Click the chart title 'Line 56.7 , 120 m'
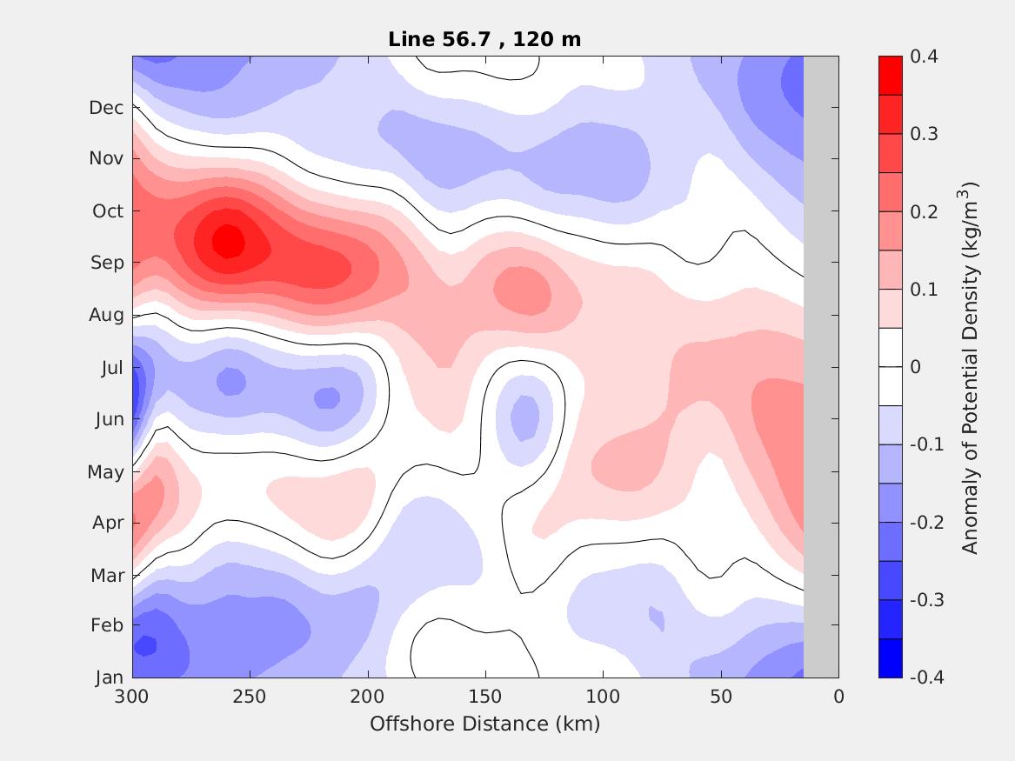click(x=484, y=39)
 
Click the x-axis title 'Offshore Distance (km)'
click(x=484, y=724)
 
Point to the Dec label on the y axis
click(x=106, y=108)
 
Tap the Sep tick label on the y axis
click(x=107, y=263)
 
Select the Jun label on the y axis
click(x=109, y=419)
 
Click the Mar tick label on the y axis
click(x=107, y=576)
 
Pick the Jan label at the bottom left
click(x=109, y=678)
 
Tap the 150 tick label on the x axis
click(x=485, y=697)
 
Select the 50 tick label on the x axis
click(x=720, y=697)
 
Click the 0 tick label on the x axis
click(x=838, y=697)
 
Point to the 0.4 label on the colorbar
click(x=924, y=57)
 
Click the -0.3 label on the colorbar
click(x=926, y=600)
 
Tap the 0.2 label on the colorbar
click(x=924, y=212)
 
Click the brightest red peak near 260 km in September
click(x=229, y=241)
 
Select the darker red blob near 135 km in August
click(x=523, y=290)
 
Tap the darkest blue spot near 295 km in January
click(x=145, y=645)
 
